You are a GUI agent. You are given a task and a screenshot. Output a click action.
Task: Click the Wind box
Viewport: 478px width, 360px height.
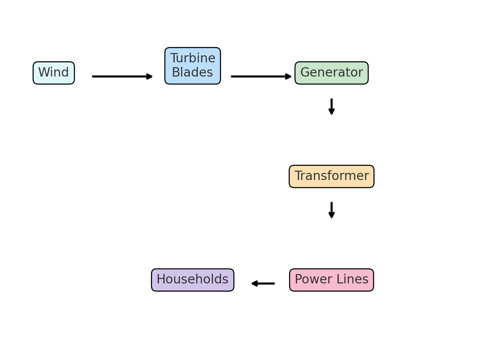[54, 73]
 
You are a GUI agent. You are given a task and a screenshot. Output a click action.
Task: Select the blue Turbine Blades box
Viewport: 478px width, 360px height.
[193, 66]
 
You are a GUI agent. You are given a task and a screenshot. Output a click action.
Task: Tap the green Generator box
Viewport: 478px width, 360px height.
[332, 73]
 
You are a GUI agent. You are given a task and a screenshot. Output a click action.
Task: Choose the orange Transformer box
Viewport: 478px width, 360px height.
[332, 176]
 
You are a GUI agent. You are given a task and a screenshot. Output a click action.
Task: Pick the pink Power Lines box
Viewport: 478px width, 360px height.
[332, 280]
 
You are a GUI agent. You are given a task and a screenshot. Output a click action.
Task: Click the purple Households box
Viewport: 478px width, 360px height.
[193, 280]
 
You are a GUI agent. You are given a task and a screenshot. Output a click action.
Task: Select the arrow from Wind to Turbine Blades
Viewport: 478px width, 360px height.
[122, 77]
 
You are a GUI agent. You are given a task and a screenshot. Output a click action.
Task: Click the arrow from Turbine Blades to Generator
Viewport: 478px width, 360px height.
[261, 77]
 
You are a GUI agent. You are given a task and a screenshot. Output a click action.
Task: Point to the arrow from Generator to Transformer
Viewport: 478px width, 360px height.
[332, 106]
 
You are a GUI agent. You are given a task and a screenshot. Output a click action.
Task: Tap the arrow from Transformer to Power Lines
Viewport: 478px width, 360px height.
[332, 210]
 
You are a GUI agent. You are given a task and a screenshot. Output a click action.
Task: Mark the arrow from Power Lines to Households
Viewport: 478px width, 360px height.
[263, 283]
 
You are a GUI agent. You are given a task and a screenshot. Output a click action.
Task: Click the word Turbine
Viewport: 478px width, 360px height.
[193, 59]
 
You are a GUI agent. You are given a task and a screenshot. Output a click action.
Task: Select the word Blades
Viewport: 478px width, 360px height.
[192, 72]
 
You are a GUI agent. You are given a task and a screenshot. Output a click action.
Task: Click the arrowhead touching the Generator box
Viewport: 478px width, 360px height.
[288, 77]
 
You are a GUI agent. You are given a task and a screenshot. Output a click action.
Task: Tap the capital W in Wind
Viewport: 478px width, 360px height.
[44, 72]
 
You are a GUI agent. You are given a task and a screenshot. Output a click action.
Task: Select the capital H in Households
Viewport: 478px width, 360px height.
[161, 279]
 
